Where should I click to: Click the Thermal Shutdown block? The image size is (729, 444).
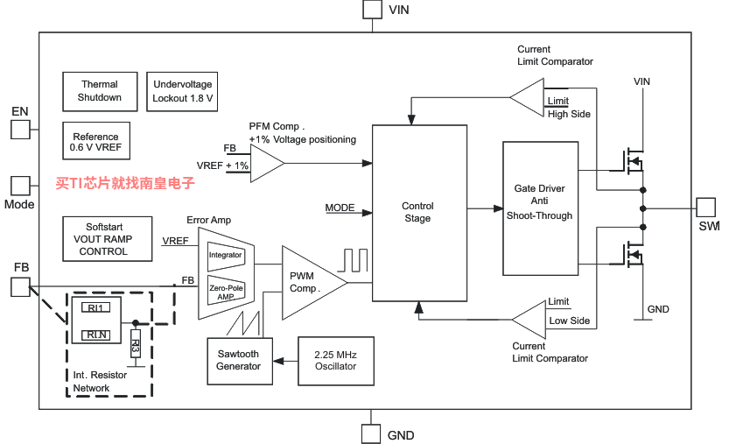100,91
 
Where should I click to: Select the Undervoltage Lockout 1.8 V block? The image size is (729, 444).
182,91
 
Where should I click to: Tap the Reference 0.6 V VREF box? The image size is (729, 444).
96,141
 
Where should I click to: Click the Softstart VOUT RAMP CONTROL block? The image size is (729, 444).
107,239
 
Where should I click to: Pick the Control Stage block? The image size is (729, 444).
419,213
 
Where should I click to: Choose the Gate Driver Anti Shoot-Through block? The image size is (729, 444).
540,208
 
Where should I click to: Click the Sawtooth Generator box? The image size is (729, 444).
240,361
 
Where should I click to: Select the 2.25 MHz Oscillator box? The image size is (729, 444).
336,361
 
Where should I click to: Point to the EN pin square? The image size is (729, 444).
20,130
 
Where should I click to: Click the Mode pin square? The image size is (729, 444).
20,186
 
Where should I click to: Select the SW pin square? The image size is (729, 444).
705,208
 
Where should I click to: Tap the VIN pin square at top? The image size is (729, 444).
372,10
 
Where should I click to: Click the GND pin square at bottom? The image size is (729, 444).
371,433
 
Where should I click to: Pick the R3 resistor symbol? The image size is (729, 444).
136,343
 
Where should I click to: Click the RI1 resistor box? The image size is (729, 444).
95,307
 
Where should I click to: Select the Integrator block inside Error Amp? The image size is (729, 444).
226,256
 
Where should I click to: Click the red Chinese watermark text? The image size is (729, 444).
125,183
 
